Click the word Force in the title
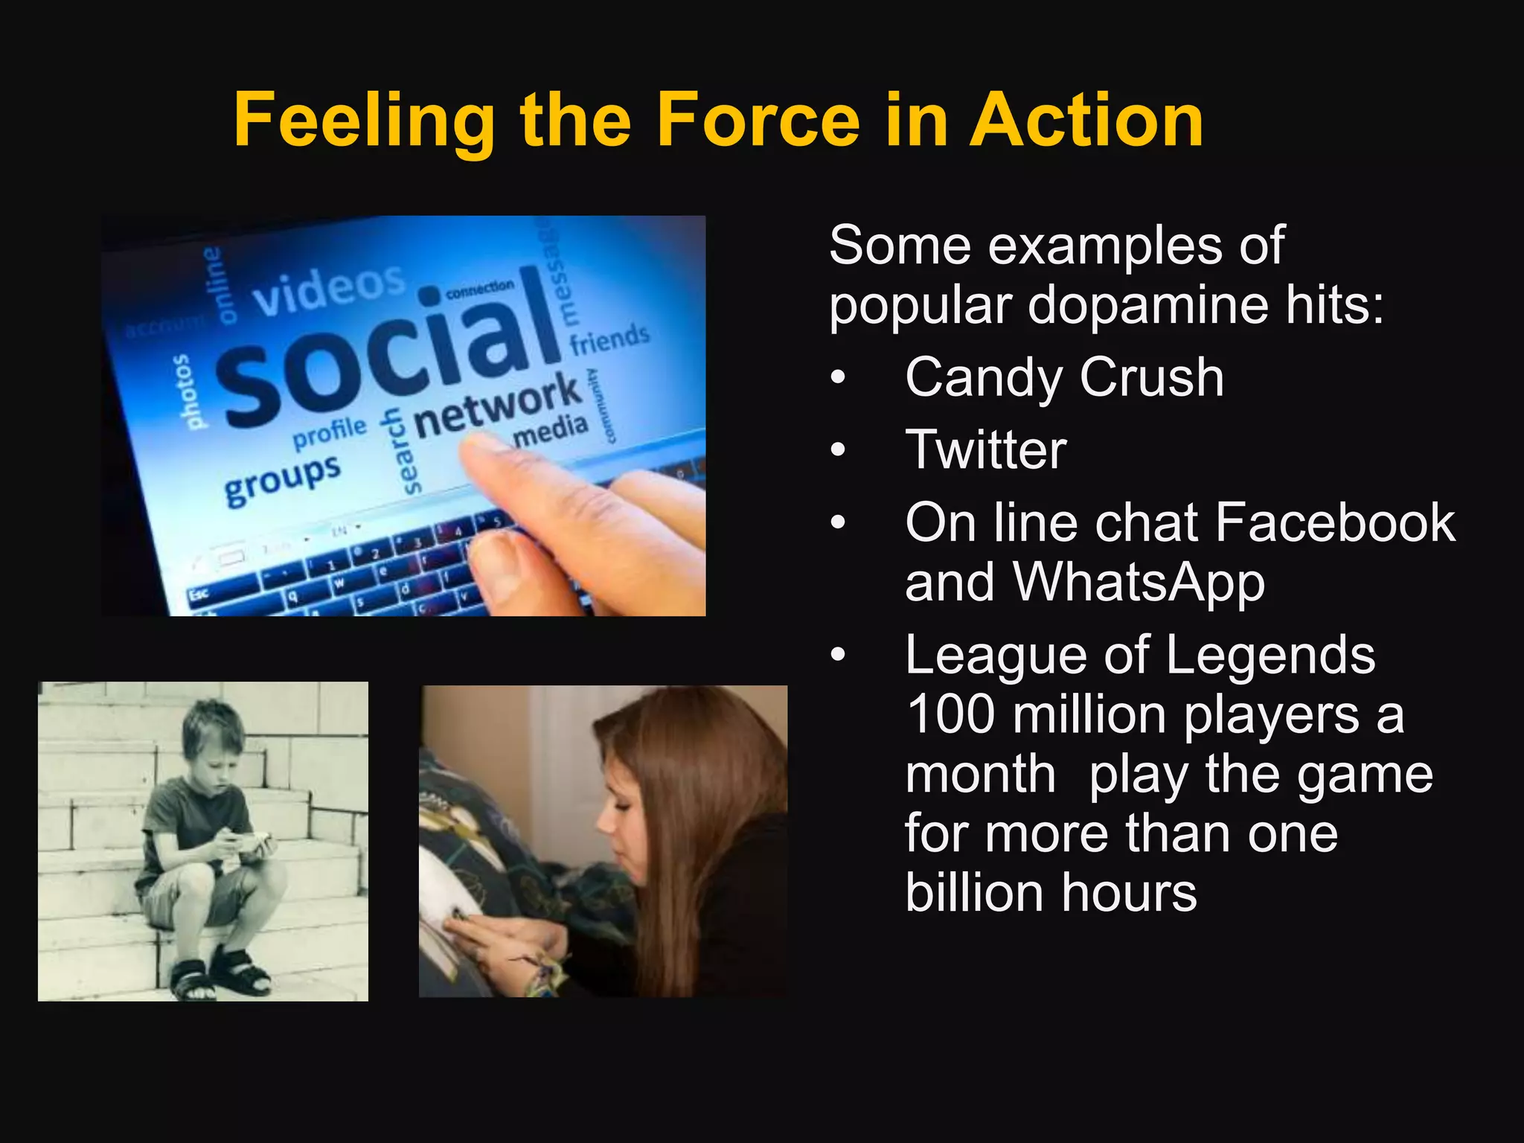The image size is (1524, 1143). [758, 121]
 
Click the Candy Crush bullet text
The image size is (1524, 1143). [1064, 377]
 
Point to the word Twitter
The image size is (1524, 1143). [986, 449]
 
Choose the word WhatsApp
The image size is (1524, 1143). [1139, 582]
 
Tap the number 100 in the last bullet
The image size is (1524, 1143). [950, 714]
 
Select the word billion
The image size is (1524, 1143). [975, 892]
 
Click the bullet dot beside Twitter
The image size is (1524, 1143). [839, 450]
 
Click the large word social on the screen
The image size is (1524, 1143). [387, 350]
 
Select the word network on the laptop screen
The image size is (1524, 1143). [497, 406]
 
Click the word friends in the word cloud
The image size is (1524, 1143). [609, 339]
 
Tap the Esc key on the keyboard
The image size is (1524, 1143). [199, 594]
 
